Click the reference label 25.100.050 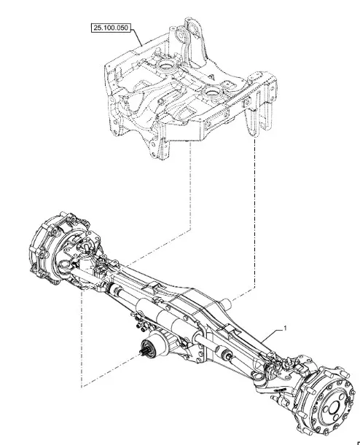coord(111,28)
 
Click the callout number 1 coord(285,328)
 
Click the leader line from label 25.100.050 coord(136,37)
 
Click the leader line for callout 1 coord(272,336)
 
